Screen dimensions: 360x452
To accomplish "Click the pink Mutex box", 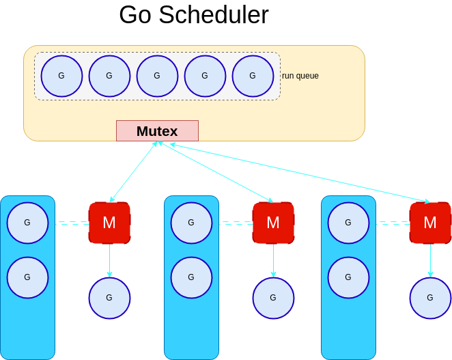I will coord(157,130).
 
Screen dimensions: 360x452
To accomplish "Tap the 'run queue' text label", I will coord(300,76).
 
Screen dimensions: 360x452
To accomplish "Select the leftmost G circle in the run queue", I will coord(61,76).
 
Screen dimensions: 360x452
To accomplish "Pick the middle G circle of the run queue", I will coord(157,76).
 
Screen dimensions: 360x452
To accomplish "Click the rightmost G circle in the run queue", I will coord(253,76).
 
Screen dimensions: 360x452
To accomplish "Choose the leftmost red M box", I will coord(109,223).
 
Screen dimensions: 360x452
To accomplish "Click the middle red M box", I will coord(273,223).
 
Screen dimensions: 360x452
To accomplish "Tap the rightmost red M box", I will coord(430,223).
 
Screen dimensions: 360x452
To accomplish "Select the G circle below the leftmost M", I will coord(109,298).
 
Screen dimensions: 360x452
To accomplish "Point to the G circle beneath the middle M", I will coord(273,298).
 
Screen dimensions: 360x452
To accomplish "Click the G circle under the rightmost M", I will coord(430,298).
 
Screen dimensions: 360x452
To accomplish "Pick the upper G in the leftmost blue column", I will coord(27,223).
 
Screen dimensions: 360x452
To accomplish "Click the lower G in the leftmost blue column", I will coord(27,277).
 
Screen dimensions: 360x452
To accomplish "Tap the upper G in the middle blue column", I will coord(191,223).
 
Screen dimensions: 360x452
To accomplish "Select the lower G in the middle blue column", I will coord(191,277).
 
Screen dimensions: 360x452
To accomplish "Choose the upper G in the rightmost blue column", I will coord(348,223).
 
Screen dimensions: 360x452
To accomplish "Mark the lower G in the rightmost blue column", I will coord(348,277).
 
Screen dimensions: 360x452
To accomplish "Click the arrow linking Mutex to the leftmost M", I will coord(134,171).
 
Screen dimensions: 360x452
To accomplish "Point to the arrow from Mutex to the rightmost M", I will coord(300,173).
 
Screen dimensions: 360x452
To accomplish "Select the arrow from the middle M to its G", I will coord(273,260).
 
